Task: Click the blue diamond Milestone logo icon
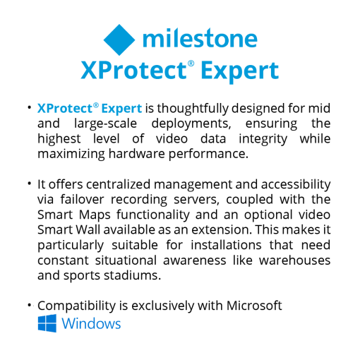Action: coord(119,40)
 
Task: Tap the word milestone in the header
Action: coord(200,38)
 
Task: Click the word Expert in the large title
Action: coord(240,71)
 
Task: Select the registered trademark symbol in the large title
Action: coord(191,64)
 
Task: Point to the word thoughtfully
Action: coord(193,109)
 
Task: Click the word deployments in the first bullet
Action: coord(191,124)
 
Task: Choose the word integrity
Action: coord(263,139)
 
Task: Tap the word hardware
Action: coord(137,154)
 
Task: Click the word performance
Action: coord(208,155)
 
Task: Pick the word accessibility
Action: coord(296,185)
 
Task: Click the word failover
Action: coord(82,199)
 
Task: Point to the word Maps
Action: coord(95,215)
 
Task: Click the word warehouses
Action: coord(294,260)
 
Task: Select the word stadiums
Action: coord(133,275)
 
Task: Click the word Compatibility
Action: coord(76,306)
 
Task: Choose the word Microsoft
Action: coord(254,306)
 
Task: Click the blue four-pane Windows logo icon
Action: coord(47,323)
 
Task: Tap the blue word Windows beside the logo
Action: coord(91,323)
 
